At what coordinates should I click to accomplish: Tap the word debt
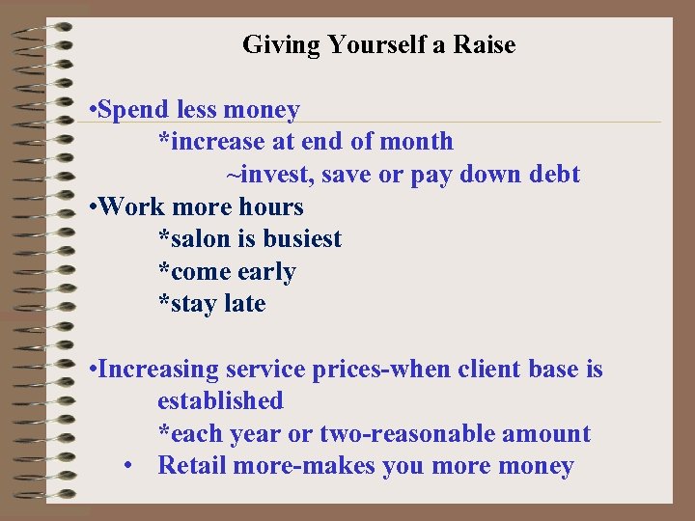[555, 175]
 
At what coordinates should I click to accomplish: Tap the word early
[266, 272]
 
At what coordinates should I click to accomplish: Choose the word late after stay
[244, 304]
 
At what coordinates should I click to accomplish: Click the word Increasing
[158, 369]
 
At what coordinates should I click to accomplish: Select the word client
[520, 369]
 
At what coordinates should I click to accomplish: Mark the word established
[220, 400]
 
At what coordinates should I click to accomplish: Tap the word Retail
[193, 466]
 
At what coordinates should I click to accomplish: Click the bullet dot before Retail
[128, 466]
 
